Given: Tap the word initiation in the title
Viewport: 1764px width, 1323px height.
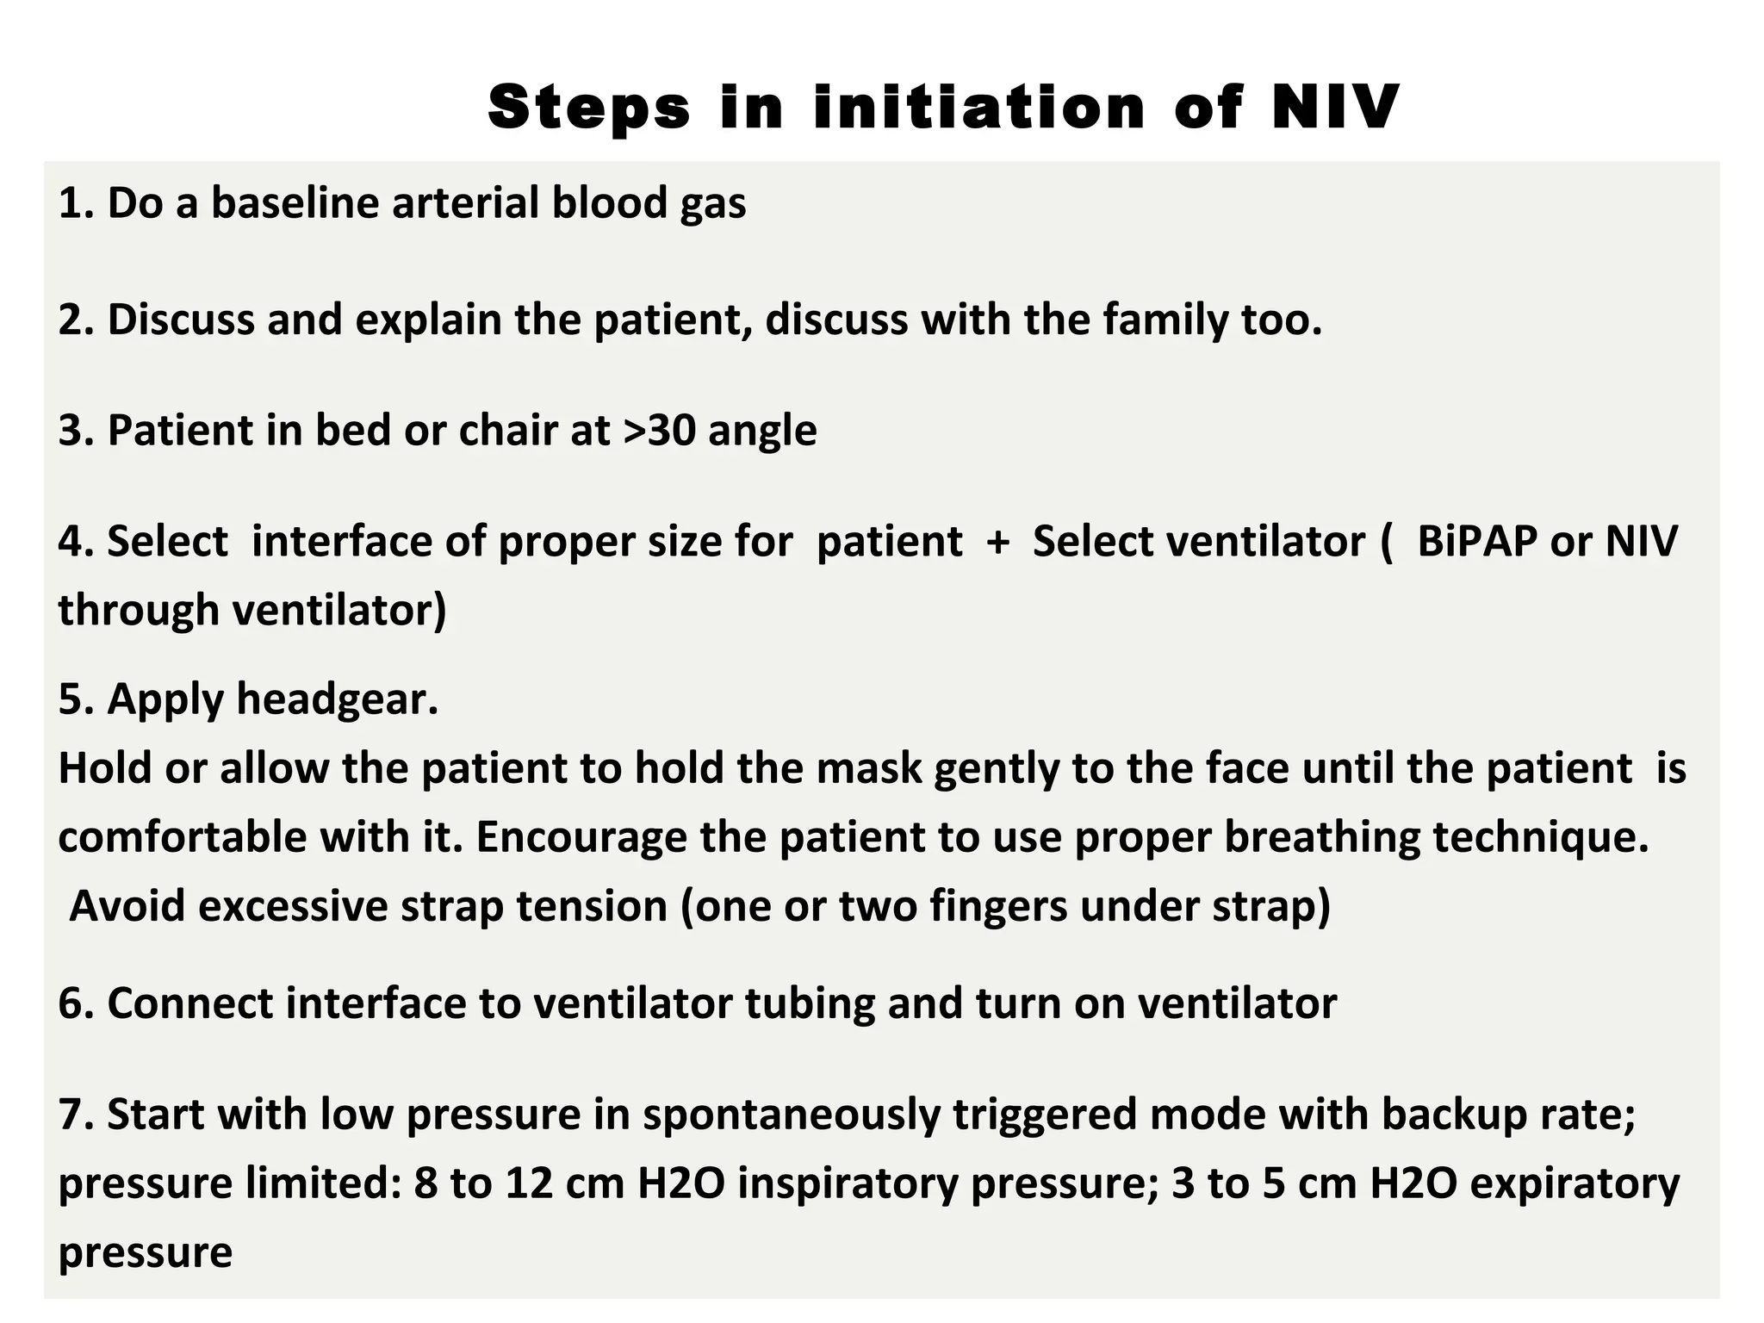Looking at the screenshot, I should (978, 108).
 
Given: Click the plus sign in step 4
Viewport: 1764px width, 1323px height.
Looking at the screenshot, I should (997, 543).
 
